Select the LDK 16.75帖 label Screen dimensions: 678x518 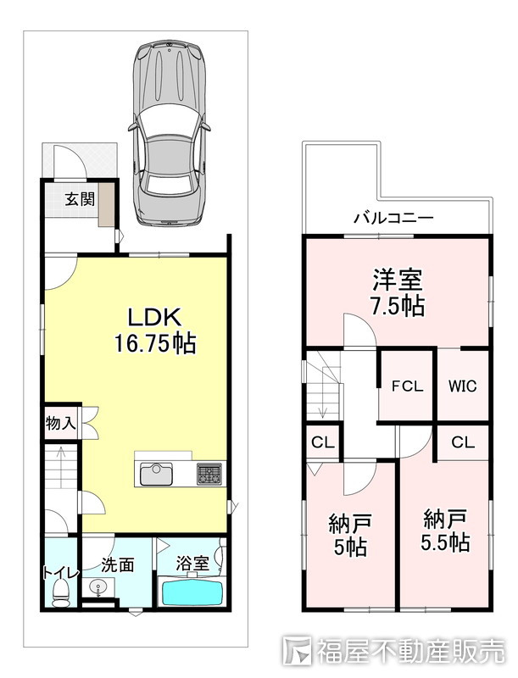[155, 330]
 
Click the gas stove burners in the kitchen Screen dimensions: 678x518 [209, 473]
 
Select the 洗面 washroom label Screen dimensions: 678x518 [118, 564]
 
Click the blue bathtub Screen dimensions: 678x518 [192, 590]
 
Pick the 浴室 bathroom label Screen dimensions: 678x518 [192, 562]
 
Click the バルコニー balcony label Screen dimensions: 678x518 [393, 218]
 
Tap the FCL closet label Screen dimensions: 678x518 [407, 386]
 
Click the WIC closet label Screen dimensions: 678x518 [462, 386]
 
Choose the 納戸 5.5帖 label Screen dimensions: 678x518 [446, 529]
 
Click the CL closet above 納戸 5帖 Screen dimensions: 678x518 [322, 442]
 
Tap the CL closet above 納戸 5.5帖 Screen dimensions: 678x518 [462, 442]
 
